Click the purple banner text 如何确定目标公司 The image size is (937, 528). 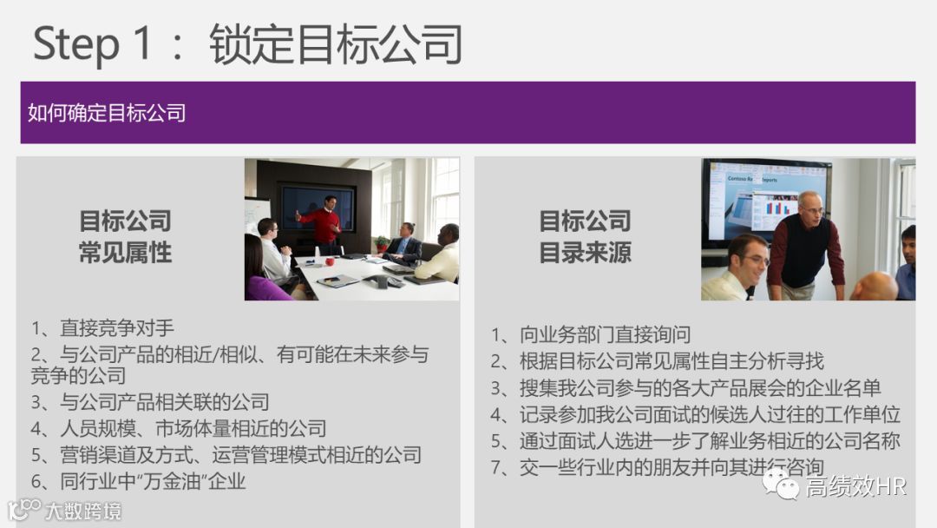(x=107, y=113)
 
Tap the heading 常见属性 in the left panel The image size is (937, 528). (x=125, y=253)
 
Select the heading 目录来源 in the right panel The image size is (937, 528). (x=585, y=253)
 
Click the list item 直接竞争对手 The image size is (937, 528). (x=116, y=327)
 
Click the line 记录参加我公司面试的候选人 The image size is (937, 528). (x=710, y=414)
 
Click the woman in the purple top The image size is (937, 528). (x=261, y=276)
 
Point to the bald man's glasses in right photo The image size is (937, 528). (x=812, y=210)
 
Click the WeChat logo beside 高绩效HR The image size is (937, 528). (x=781, y=486)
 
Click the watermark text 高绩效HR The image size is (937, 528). (x=855, y=487)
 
